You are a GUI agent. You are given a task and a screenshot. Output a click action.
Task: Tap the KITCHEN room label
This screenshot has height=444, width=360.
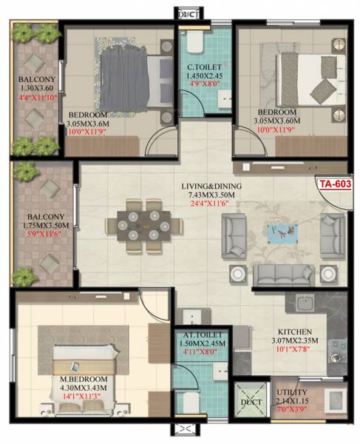point(293,332)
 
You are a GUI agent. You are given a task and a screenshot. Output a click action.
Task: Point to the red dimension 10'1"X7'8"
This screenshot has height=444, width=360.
point(293,351)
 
